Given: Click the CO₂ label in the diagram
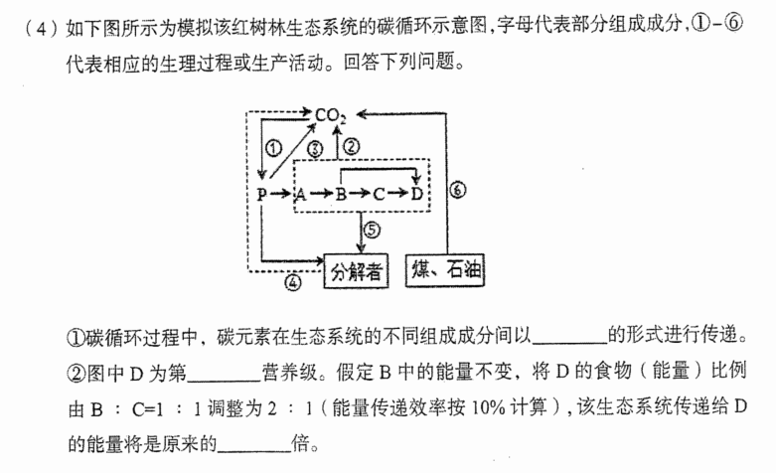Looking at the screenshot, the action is pos(330,116).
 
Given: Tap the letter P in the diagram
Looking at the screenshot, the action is pos(262,194).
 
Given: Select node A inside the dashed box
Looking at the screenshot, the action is pos(300,195).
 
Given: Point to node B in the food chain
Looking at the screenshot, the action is pos(341,194).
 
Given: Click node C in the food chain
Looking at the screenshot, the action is pos(379,194).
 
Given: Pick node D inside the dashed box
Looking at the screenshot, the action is pos(416,194).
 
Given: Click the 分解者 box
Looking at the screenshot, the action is pos(356,270).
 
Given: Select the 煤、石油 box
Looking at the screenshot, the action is pos(445,270).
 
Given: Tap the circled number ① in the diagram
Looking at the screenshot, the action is pos(273,147).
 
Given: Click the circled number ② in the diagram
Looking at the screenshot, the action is pos(351,146).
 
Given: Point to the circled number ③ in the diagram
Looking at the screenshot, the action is pos(315,148).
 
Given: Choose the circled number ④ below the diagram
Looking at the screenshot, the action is pos(293,282).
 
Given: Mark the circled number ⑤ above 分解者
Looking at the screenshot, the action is pos(373,230).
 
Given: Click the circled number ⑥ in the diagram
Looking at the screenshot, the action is pos(458,190).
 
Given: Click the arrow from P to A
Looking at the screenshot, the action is pos(280,194).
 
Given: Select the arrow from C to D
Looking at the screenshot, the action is pos(397,194).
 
